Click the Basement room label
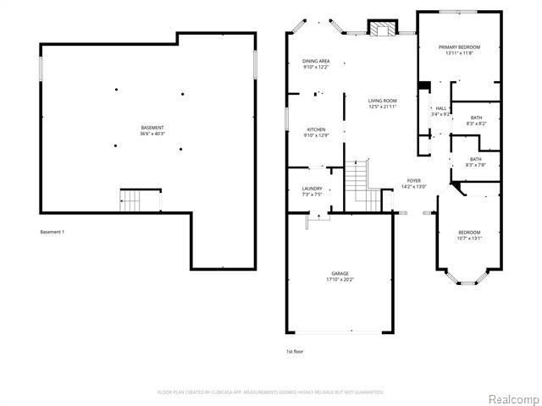[152, 127]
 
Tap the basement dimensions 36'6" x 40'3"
[152, 133]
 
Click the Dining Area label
[316, 61]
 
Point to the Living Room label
[382, 101]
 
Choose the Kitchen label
[316, 129]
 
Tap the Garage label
[340, 273]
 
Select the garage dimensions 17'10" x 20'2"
[340, 279]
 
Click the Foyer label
[413, 180]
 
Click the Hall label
[440, 108]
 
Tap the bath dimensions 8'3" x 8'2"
[476, 123]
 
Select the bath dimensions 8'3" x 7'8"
[476, 165]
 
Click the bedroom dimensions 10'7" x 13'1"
[469, 239]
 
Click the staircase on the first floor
[365, 181]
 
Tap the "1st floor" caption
[295, 351]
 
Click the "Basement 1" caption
[53, 232]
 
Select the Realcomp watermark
[512, 398]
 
